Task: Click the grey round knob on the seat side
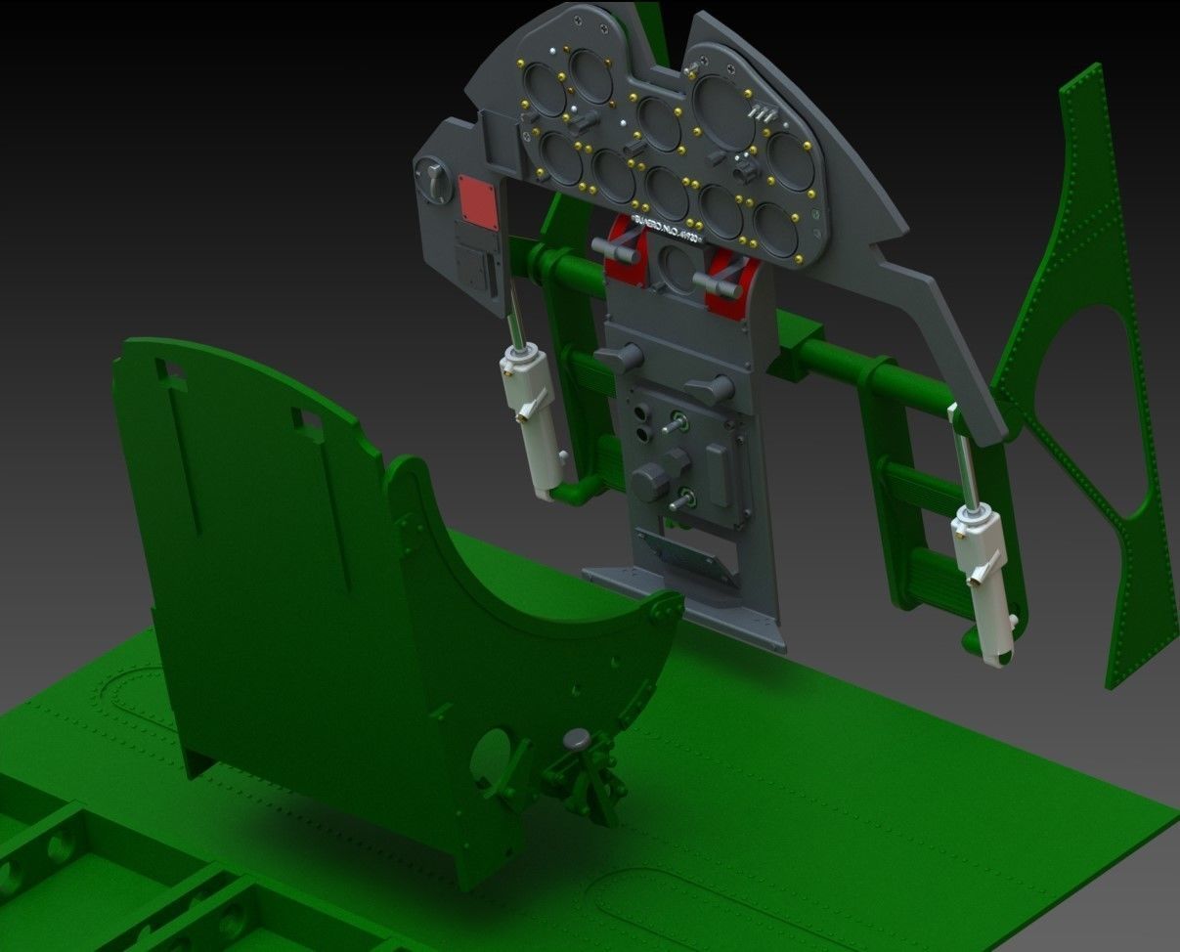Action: pos(578,740)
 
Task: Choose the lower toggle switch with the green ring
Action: pos(683,498)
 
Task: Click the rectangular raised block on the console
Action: pos(719,475)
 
